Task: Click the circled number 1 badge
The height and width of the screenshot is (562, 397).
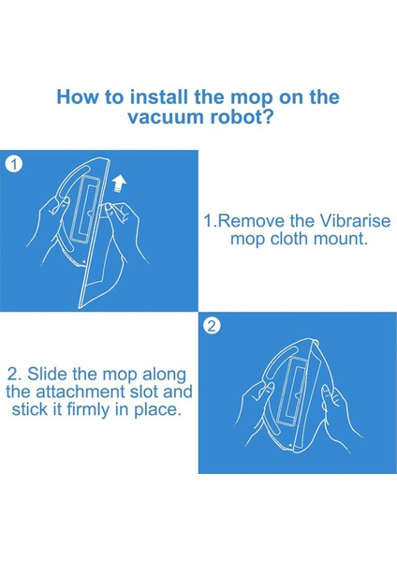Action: pos(14,165)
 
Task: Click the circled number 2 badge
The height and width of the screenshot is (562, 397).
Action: pos(212,326)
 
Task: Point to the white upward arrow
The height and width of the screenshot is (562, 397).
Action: pos(119,184)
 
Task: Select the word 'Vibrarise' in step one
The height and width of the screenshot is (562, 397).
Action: pos(354,221)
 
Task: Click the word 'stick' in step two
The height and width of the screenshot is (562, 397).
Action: pos(30,409)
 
